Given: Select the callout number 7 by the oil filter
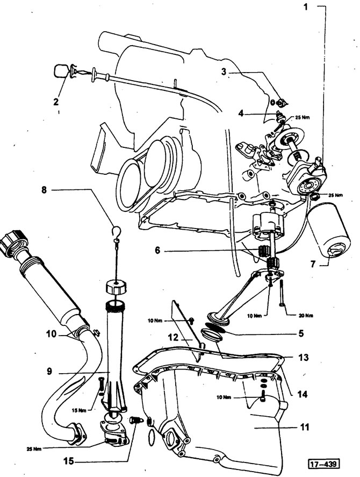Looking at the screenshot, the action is (x=313, y=264).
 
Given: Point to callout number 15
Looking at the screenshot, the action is (x=69, y=461).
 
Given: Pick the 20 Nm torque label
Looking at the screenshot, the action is (x=306, y=316).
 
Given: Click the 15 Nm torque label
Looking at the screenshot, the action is (x=79, y=410).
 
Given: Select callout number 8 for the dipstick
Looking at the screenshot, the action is (x=45, y=190).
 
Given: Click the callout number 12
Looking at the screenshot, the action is (x=174, y=338).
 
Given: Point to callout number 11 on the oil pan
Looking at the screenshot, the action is (x=304, y=427).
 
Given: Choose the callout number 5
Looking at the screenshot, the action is (x=301, y=333).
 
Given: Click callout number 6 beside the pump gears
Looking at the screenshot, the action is (x=157, y=251).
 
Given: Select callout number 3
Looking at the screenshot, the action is (x=224, y=72).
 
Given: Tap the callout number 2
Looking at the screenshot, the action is (x=56, y=102).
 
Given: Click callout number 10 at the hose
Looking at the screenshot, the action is (x=52, y=334).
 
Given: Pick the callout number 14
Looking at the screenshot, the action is (x=302, y=395).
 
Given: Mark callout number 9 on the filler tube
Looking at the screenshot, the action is (x=49, y=372).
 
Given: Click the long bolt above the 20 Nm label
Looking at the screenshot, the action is (x=282, y=293).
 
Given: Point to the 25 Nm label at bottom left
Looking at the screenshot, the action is (x=33, y=448).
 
